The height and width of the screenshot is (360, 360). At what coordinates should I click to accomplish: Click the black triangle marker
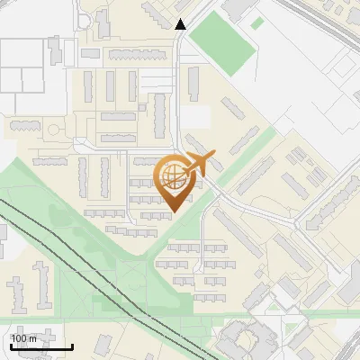181,24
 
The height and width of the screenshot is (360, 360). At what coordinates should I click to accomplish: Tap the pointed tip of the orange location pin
173,211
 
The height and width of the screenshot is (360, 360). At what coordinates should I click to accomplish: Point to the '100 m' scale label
24,338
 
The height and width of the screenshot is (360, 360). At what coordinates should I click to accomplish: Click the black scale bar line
41,346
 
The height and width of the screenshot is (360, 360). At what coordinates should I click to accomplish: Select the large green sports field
222,43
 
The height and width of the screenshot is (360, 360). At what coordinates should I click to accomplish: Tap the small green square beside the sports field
256,23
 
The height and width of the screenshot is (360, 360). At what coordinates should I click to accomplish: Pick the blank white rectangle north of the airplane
196,118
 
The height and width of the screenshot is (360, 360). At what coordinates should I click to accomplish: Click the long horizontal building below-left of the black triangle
139,55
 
